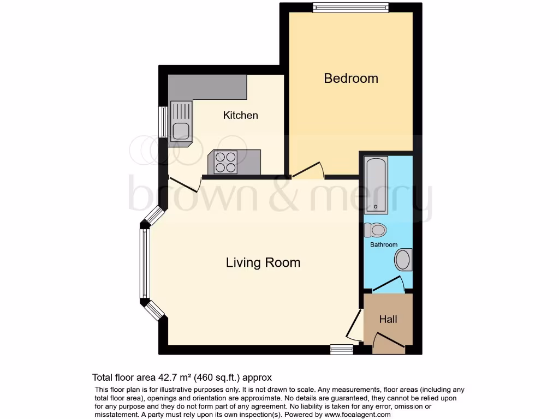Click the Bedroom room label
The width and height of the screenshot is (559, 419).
[351, 78]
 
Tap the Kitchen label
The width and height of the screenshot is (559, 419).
[240, 115]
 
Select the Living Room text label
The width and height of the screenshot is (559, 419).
[263, 262]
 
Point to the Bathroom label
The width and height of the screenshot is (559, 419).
[384, 245]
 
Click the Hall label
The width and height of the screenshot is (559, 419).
[388, 319]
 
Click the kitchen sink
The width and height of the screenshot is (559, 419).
[181, 130]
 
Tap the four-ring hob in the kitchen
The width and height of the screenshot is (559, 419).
[225, 161]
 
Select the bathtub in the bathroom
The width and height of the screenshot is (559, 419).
[377, 184]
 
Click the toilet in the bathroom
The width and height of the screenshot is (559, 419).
[376, 230]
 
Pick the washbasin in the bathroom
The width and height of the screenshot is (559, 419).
[403, 260]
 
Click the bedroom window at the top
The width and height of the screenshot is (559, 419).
[350, 8]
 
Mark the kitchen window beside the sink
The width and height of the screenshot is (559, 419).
[163, 122]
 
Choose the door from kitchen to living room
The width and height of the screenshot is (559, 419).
[185, 184]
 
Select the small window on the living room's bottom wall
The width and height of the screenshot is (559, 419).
[342, 349]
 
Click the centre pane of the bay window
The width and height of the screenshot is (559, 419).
[144, 264]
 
